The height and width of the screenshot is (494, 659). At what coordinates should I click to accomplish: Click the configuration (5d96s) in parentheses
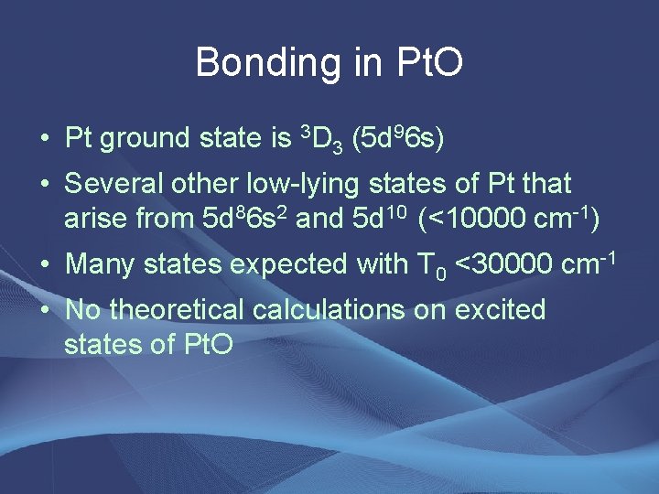pos(398,139)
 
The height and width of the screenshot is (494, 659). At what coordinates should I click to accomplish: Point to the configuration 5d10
pos(376,220)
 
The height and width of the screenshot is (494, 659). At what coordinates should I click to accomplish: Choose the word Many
pos(100,264)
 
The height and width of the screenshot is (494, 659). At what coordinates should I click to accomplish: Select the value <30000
pos(503,264)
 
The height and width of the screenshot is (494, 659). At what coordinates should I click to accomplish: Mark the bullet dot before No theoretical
pos(44,310)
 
